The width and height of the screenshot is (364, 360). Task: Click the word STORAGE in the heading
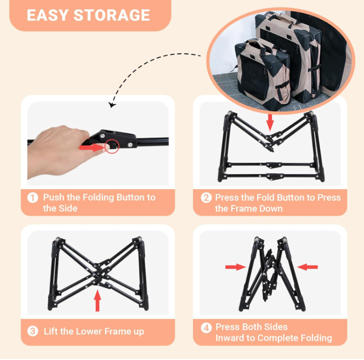(x=112, y=15)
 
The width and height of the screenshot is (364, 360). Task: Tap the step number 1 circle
(x=33, y=198)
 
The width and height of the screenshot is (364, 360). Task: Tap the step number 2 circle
(x=206, y=198)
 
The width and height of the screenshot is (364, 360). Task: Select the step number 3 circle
(x=33, y=331)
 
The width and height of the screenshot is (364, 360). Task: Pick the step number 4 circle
(x=206, y=328)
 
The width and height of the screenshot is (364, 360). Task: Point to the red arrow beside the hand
(x=92, y=147)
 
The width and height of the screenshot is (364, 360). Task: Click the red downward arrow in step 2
(x=270, y=122)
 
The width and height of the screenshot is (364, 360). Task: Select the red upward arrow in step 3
(x=97, y=300)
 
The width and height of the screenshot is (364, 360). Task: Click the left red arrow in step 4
(x=235, y=267)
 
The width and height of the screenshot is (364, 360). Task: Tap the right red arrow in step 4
(x=307, y=267)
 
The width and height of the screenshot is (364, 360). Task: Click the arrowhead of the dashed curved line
(x=112, y=105)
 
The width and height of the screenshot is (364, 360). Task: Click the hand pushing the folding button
(x=61, y=151)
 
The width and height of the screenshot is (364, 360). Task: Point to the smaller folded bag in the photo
(x=263, y=74)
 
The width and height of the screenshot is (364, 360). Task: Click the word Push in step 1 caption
(x=54, y=197)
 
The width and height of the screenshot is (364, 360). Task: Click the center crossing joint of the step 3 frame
(x=98, y=274)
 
